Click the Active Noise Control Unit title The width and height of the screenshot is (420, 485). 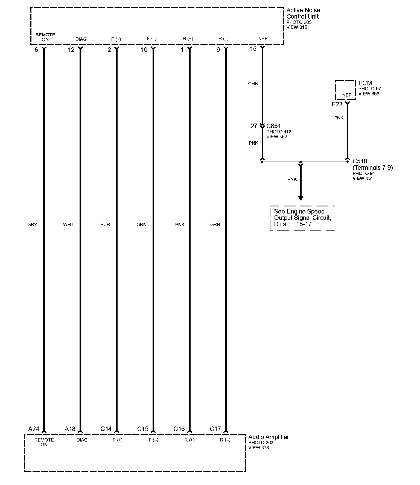coord(303,13)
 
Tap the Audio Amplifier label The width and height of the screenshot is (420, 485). coord(269,437)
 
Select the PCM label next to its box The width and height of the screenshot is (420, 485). coord(365,83)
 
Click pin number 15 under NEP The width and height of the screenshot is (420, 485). coord(253,49)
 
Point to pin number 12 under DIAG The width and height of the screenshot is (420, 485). coord(71,50)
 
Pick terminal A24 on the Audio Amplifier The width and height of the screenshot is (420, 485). coord(34,429)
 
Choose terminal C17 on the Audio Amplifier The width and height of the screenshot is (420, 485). coord(215,429)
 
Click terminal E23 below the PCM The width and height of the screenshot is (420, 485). coord(337,104)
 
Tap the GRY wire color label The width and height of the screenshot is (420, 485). coord(32,224)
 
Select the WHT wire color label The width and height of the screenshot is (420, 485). coord(68,224)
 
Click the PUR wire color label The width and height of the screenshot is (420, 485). coord(105,224)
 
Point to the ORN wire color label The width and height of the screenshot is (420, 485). coord(141,224)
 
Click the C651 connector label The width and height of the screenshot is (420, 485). coord(273,126)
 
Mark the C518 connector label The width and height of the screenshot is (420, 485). coord(360,161)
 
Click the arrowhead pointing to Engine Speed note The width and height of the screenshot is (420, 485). coord(301,198)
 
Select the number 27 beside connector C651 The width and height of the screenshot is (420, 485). coord(254,126)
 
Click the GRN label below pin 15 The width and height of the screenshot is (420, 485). coord(253,84)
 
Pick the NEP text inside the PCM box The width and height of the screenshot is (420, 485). coord(347,95)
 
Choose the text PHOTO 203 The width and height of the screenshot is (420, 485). coord(299,22)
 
